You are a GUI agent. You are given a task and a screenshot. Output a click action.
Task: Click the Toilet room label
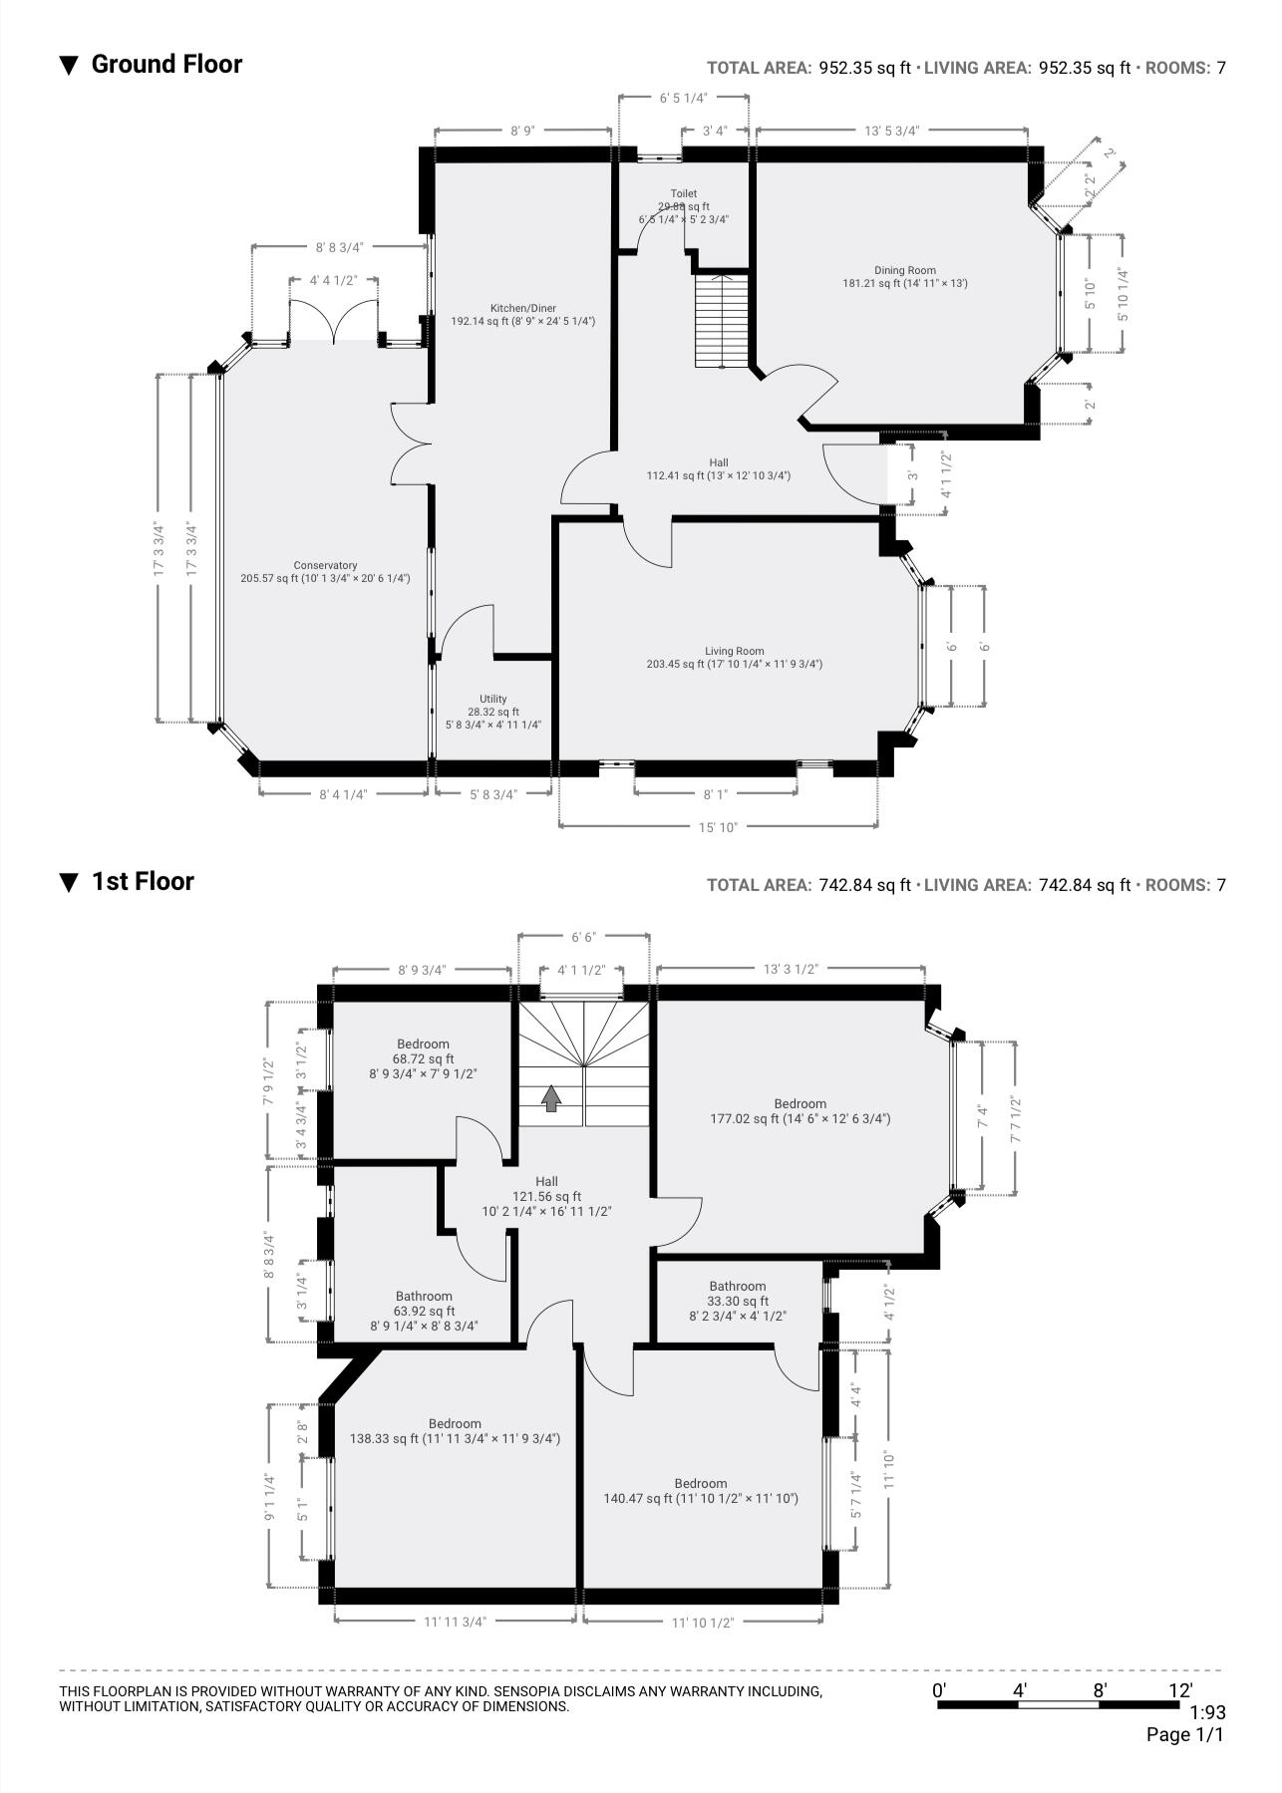[683, 205]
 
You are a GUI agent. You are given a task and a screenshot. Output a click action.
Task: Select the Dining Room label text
[904, 276]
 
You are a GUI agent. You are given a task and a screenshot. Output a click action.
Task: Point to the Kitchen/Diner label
[522, 315]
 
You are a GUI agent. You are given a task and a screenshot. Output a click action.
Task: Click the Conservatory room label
[325, 572]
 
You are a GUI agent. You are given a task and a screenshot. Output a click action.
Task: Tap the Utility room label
[492, 712]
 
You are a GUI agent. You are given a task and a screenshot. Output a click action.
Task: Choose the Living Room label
[734, 658]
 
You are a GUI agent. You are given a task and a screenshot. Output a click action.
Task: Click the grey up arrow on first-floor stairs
[551, 1097]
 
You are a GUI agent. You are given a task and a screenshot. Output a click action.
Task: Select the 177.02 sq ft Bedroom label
[800, 1111]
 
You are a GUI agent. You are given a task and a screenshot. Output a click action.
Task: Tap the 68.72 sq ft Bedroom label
[423, 1058]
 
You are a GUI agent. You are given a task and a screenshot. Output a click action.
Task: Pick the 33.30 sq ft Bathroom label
[738, 1300]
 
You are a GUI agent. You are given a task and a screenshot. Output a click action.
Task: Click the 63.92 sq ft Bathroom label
[424, 1311]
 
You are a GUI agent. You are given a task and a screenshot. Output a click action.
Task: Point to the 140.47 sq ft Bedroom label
[700, 1491]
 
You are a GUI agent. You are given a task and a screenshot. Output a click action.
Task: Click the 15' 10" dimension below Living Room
[718, 827]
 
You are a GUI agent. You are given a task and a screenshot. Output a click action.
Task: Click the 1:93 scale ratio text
[1207, 1713]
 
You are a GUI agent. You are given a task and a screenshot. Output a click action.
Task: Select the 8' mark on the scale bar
[1100, 1690]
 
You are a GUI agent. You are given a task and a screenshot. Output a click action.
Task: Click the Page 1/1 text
[1184, 1735]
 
